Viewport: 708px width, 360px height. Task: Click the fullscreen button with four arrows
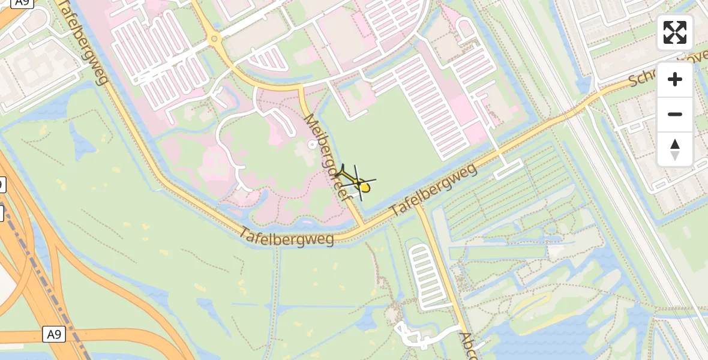675,32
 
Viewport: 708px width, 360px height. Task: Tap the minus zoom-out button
675,114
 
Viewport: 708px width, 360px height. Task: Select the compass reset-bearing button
675,149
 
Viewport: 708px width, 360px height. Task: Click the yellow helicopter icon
359,183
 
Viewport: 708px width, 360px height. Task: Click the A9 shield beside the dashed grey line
55,334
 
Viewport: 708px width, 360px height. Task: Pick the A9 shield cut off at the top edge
22,3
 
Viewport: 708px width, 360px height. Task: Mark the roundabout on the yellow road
214,40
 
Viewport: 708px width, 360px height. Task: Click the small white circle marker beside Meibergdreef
311,145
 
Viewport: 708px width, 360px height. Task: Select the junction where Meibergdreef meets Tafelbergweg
364,226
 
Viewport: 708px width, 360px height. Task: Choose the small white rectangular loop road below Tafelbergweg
508,170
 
